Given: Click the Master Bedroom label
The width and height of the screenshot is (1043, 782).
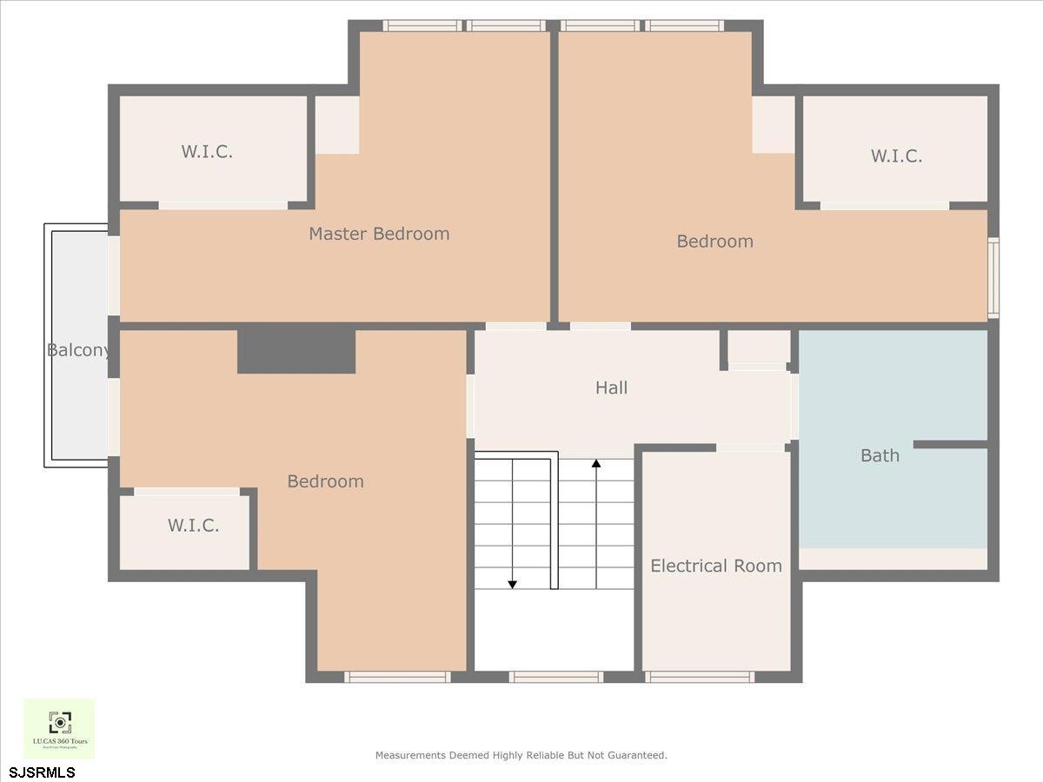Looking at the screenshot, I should tap(379, 234).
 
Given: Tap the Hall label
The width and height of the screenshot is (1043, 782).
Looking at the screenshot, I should tap(611, 388).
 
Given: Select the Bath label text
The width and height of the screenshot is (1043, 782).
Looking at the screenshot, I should tap(880, 455).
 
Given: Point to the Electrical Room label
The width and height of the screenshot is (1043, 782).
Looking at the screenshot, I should tap(716, 566).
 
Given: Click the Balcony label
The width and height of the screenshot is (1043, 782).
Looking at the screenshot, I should tap(78, 350).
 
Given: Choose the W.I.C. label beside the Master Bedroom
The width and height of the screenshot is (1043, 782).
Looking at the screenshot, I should tap(207, 152).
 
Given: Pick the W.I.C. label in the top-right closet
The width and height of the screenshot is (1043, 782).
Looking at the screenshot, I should tap(896, 156).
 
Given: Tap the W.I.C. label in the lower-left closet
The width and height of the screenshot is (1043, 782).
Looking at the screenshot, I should tap(193, 526).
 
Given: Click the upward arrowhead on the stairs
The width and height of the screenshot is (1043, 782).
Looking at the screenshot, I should tap(596, 464).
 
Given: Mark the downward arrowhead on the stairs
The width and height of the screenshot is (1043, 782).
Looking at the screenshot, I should tap(513, 584).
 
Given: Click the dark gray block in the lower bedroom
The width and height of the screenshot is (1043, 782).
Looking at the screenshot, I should tap(296, 352).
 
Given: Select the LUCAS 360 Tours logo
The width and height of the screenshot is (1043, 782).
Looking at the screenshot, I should tap(59, 728).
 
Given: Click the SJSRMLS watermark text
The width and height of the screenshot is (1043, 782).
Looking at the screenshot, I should tap(43, 772).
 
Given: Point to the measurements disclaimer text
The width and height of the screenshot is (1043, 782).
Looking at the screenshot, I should tap(521, 756).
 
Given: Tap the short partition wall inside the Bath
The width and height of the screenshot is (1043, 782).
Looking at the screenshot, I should tap(950, 445).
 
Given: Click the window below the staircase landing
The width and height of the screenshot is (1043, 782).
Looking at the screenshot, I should tap(555, 677).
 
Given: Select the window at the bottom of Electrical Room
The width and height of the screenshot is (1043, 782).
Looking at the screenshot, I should tap(700, 677).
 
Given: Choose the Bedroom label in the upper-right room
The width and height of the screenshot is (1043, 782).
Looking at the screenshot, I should tap(714, 242).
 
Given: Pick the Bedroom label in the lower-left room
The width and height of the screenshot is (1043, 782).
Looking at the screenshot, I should tap(325, 481).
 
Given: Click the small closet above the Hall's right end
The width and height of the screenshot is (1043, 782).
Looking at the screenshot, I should tap(758, 348).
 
